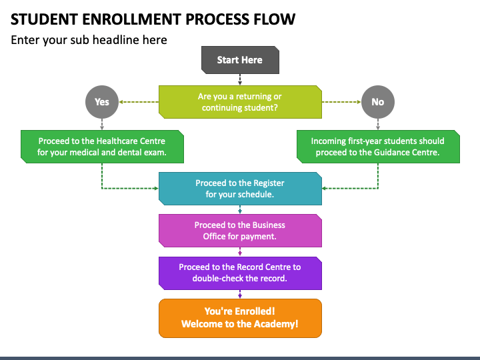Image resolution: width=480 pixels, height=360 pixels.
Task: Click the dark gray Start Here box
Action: tap(240, 60)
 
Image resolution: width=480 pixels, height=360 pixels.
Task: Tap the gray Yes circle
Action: tap(102, 102)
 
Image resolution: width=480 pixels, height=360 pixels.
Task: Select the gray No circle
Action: tap(378, 102)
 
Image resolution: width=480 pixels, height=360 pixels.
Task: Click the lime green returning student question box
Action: tap(240, 102)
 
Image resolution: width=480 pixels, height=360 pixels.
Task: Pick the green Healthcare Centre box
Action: tap(102, 147)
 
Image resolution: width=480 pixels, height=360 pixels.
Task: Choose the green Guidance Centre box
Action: tap(378, 147)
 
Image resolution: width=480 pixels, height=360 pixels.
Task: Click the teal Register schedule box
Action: tap(240, 189)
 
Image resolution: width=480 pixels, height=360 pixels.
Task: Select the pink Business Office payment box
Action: tap(240, 231)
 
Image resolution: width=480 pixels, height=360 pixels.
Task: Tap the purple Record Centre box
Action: tap(240, 273)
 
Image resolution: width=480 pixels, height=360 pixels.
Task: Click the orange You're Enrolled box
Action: tap(240, 319)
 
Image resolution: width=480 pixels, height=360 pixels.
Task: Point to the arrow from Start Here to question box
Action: tap(240, 79)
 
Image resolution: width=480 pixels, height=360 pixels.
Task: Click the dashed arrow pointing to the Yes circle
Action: tap(139, 102)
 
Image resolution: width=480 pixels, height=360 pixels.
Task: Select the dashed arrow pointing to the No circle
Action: tap(341, 102)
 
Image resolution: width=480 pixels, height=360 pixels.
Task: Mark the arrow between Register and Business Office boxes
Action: tap(240, 209)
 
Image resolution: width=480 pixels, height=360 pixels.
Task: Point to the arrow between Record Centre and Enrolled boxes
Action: tap(240, 294)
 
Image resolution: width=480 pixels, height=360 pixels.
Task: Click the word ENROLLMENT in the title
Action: tap(131, 19)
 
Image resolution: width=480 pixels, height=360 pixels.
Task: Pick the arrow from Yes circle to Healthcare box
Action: tap(102, 124)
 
